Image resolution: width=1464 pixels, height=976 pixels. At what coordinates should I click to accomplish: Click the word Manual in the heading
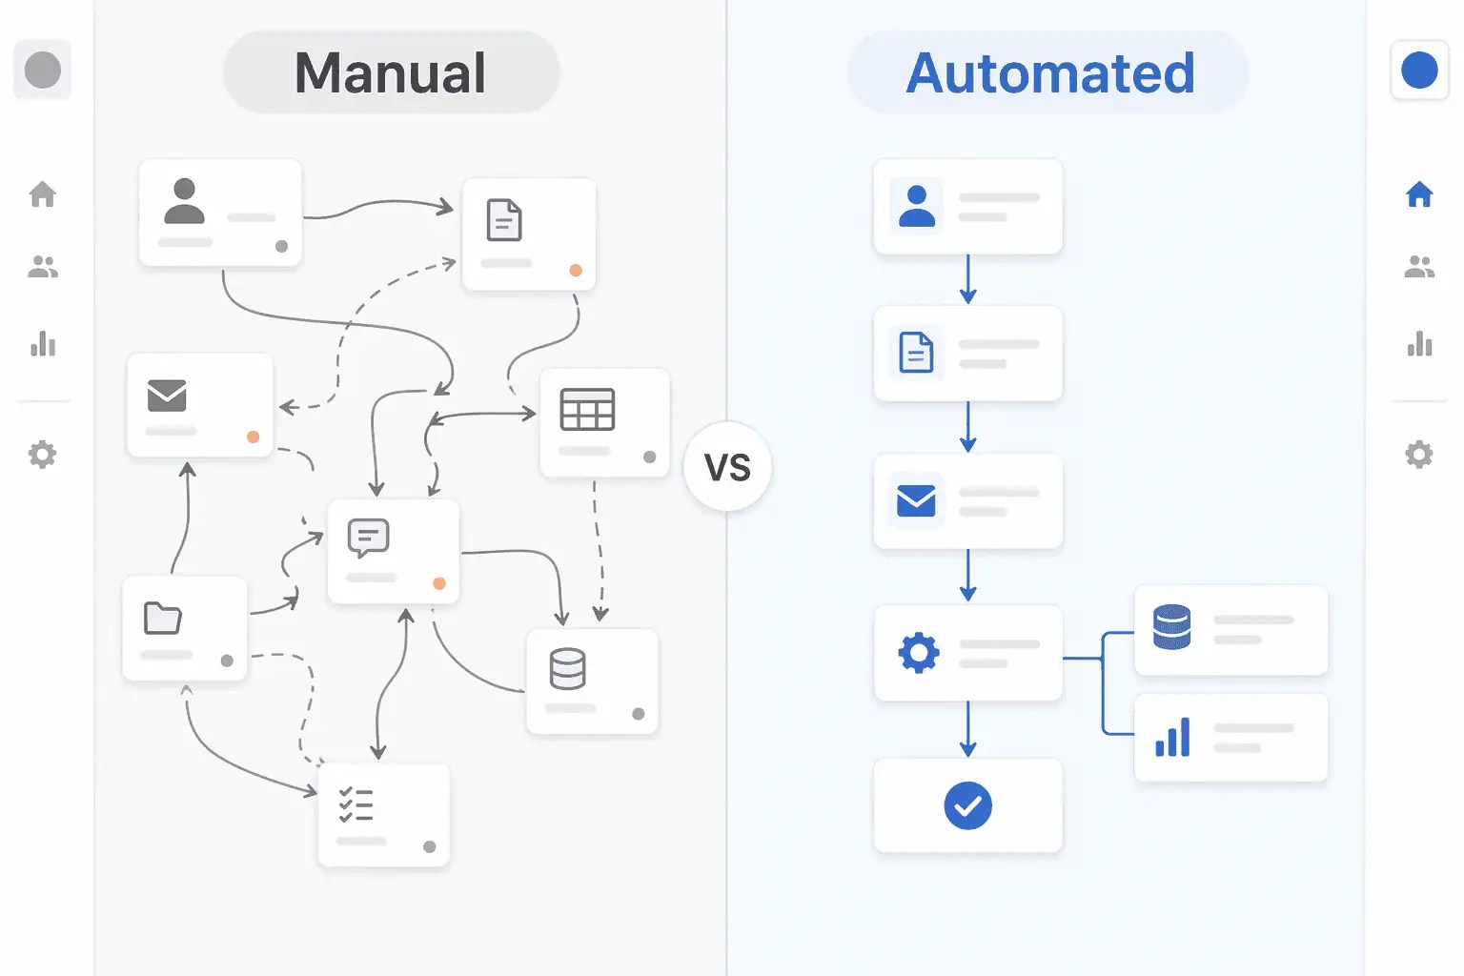391,72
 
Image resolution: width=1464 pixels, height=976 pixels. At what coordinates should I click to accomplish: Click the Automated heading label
1049,72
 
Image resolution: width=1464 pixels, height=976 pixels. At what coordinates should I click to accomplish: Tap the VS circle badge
727,467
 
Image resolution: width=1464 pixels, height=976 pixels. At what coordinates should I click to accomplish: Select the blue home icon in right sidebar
1419,194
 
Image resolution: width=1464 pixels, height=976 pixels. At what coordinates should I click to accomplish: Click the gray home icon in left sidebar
43,194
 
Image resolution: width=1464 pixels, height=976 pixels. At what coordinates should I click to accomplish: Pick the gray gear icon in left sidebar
43,454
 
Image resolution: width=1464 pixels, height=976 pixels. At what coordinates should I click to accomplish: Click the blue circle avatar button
1419,70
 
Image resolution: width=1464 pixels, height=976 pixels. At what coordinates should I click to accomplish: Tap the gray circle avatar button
43,70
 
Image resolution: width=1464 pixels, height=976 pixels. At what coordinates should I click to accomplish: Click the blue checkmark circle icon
967,805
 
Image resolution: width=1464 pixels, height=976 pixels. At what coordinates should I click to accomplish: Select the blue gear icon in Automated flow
919,653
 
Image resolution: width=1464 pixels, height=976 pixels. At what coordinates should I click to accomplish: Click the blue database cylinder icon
1171,627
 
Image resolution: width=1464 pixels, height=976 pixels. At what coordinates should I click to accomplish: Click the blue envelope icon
916,500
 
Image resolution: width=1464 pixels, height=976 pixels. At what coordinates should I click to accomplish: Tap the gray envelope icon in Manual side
167,395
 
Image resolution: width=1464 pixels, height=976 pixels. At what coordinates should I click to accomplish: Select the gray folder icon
162,618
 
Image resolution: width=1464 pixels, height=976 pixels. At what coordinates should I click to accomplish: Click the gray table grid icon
587,410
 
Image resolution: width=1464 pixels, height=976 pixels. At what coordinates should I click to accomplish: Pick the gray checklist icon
356,805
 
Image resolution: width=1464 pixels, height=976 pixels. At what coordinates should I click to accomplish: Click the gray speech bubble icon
368,538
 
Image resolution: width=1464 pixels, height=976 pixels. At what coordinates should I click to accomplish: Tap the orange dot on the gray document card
576,271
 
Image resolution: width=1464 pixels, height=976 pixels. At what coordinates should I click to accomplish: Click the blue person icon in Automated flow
916,206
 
